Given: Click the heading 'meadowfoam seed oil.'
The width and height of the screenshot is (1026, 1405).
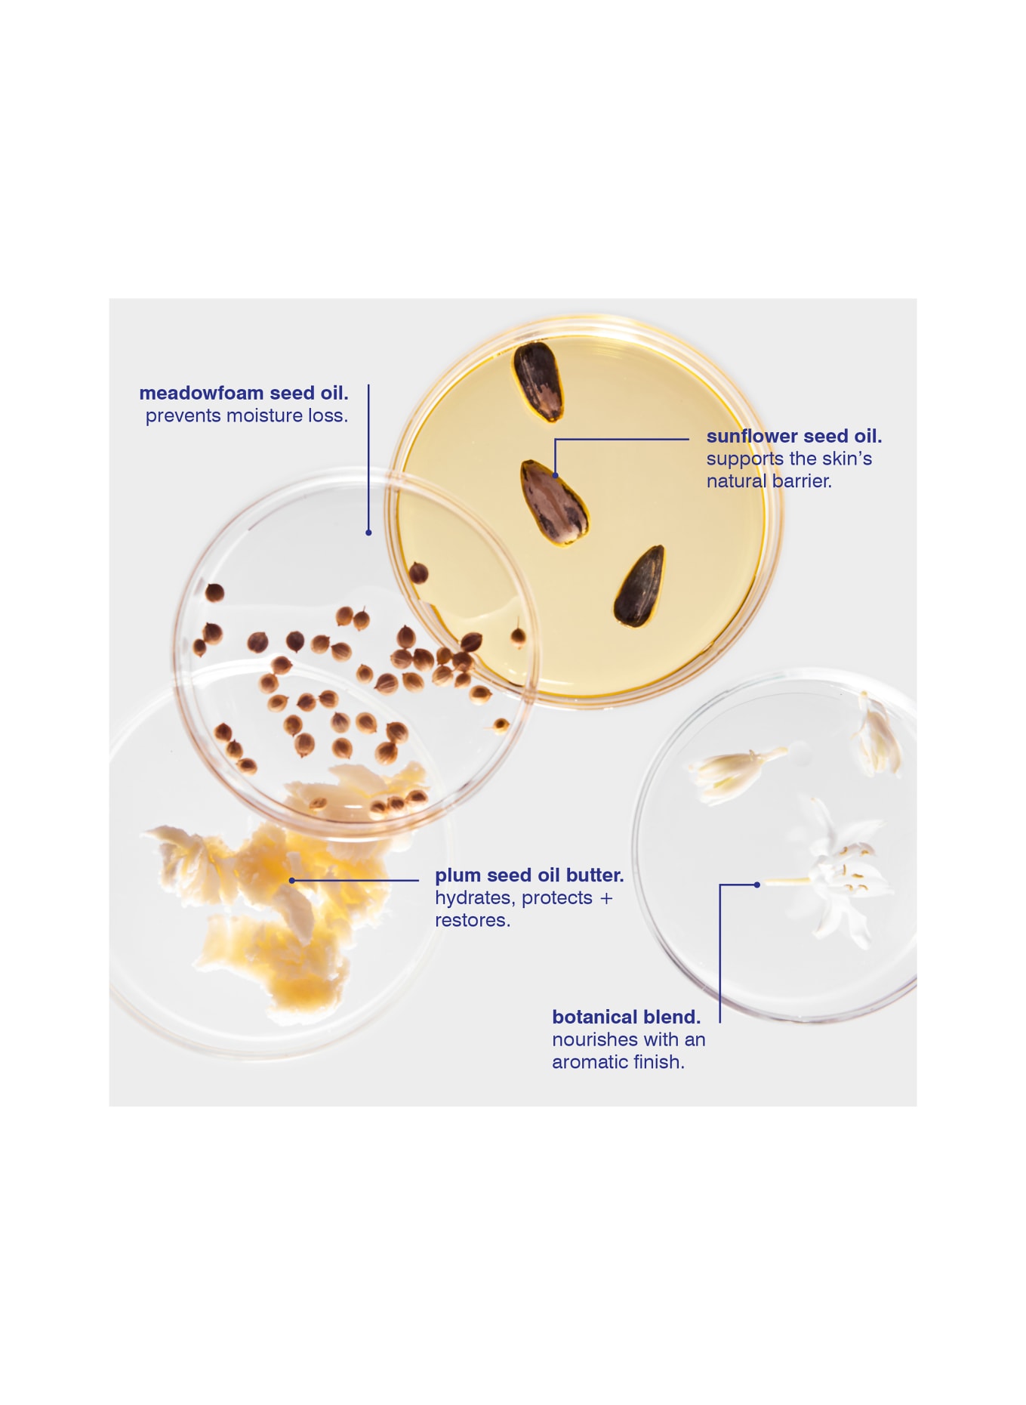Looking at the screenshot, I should [x=243, y=394].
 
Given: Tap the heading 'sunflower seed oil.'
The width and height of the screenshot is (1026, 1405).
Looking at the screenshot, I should [x=793, y=437].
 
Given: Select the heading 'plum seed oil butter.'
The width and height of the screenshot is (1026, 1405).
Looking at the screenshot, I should [x=528, y=875].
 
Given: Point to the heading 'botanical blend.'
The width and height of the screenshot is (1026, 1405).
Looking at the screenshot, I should [x=625, y=1017].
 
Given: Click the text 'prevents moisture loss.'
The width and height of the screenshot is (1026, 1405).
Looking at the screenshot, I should [x=246, y=416].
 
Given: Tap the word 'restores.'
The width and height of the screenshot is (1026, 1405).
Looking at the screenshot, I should [x=472, y=921].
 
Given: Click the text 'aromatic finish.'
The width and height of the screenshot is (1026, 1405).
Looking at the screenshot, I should [x=618, y=1063].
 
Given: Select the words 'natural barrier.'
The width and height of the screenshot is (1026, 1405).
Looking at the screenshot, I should [x=769, y=482].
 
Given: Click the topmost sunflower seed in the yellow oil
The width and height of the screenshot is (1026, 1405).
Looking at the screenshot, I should [x=538, y=381].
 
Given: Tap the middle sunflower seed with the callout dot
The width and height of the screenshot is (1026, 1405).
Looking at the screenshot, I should [x=554, y=502].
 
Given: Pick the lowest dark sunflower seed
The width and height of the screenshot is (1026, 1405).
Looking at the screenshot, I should [x=639, y=586].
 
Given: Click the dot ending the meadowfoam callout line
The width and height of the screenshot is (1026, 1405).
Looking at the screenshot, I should [x=368, y=533].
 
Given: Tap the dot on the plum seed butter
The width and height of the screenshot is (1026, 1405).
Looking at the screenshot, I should [x=292, y=881].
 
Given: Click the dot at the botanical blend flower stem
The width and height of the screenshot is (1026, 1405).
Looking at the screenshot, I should [x=756, y=885].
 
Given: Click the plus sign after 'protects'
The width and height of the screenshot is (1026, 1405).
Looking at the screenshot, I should [x=606, y=899].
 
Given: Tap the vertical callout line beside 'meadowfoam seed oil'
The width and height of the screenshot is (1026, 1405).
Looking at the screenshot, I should [x=368, y=453].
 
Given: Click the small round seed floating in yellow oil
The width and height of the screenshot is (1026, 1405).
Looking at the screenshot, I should [x=418, y=573].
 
